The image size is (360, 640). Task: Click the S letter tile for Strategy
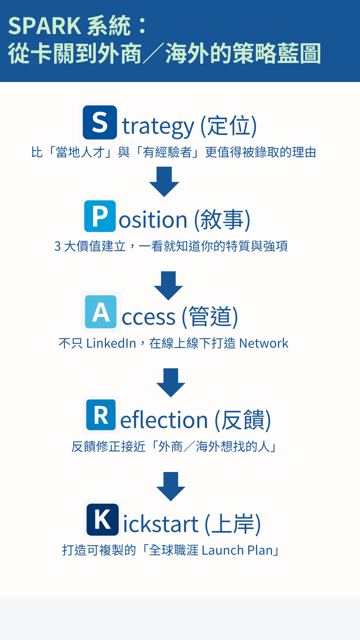100,122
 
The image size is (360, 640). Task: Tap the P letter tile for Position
100,216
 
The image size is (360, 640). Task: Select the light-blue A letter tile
101,312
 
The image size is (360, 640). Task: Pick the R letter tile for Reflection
101,415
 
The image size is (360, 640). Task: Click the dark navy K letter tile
102,520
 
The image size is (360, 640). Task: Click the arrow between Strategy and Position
164,182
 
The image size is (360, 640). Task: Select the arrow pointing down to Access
168,286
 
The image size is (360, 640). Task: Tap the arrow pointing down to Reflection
171,383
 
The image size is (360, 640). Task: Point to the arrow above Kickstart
171,486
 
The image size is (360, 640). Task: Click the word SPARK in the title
44,26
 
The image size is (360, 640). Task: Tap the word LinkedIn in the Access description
111,343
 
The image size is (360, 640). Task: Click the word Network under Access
263,343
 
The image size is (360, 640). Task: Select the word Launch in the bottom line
222,550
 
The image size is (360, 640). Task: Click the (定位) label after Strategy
229,126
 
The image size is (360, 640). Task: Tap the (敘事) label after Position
222,220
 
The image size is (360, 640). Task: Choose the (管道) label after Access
210,317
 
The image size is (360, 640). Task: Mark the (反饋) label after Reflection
243,420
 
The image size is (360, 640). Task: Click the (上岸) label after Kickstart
233,524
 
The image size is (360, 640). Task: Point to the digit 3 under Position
57,247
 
